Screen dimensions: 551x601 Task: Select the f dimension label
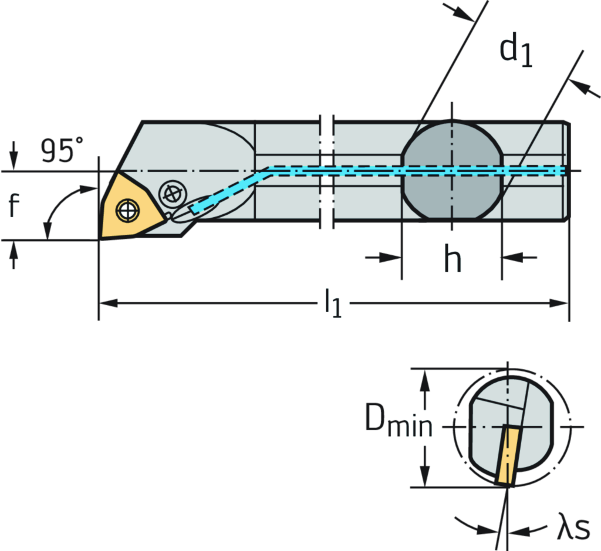pyautogui.click(x=13, y=205)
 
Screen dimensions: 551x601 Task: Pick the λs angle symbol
pyautogui.click(x=573, y=529)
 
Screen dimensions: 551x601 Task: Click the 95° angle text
pyautogui.click(x=62, y=150)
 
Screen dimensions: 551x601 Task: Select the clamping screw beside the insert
pyautogui.click(x=173, y=193)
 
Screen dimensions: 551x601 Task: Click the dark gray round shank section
pyautogui.click(x=451, y=170)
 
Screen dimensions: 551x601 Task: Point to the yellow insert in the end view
pyautogui.click(x=508, y=455)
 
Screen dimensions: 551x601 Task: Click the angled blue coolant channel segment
pyautogui.click(x=229, y=189)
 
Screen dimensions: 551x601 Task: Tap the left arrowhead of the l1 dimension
pyautogui.click(x=109, y=303)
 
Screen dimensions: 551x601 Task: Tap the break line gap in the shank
pyautogui.click(x=326, y=170)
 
